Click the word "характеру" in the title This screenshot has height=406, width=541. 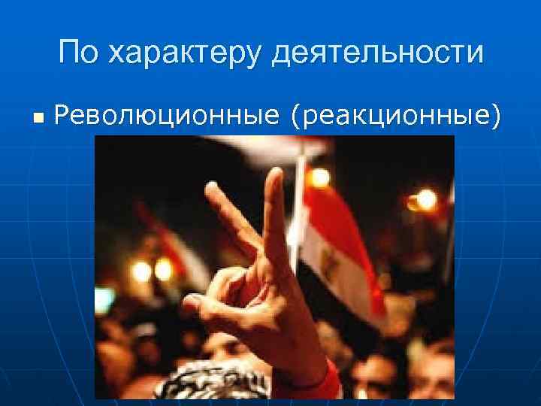pos(183,53)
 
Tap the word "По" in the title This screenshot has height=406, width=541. pos(78,53)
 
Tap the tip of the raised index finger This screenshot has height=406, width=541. pos(211,189)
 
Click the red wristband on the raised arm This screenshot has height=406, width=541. pos(325,383)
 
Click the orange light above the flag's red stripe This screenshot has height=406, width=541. pos(320,177)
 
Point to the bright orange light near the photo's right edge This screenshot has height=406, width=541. pos(425,199)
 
